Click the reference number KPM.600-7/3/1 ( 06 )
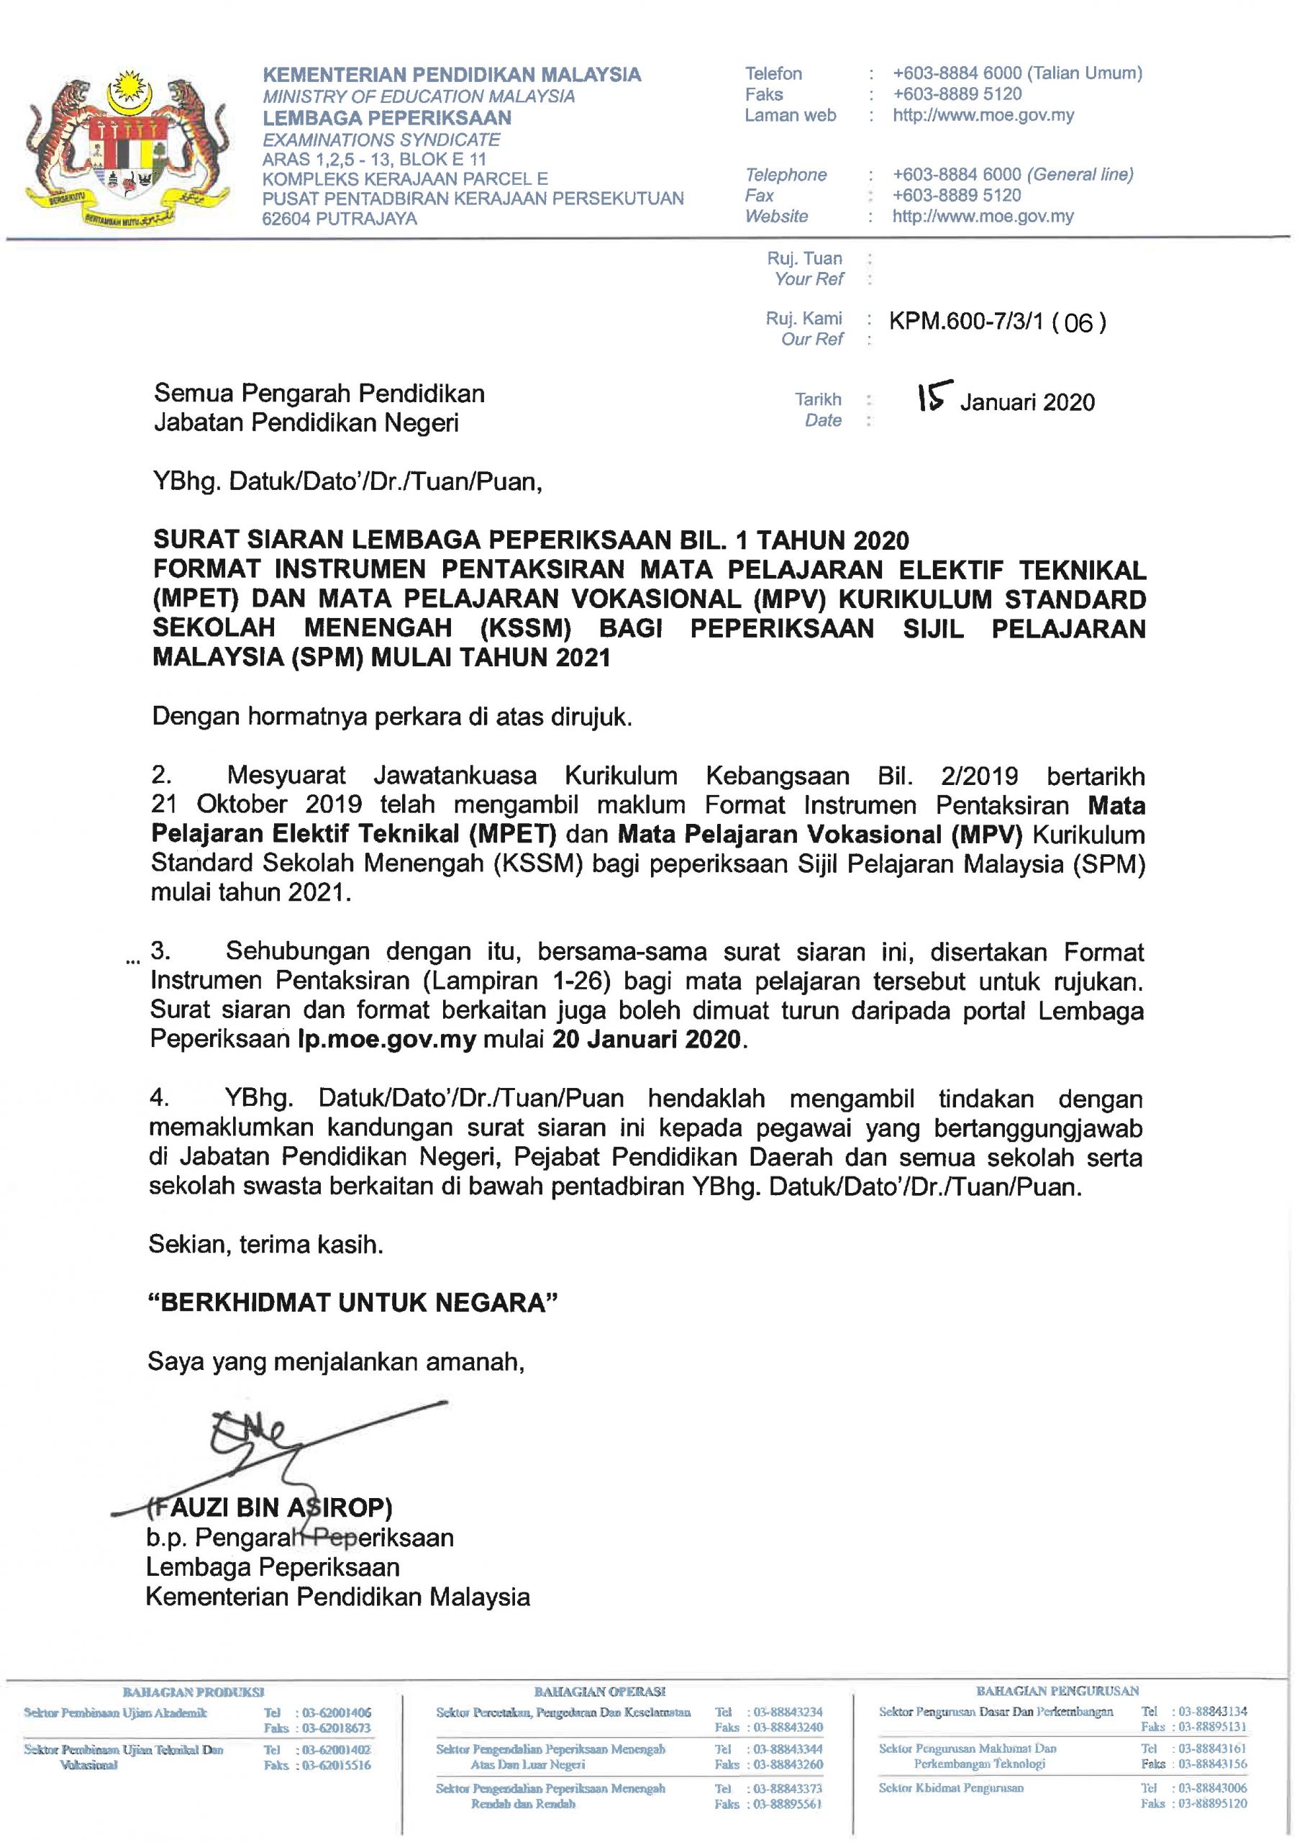(997, 322)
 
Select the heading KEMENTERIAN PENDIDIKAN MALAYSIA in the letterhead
(452, 75)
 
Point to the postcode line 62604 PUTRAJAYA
(340, 218)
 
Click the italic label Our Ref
(812, 340)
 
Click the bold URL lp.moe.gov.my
(387, 1040)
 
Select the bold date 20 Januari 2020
(646, 1040)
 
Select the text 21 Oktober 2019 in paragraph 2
(256, 804)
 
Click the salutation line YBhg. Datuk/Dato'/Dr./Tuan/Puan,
(347, 482)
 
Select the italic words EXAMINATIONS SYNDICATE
(381, 140)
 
